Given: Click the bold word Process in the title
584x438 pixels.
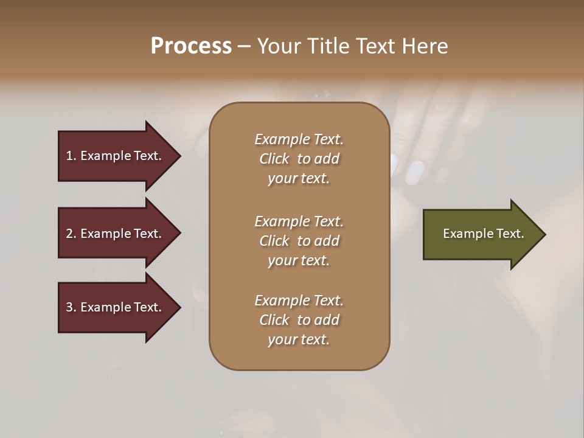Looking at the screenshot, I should [191, 46].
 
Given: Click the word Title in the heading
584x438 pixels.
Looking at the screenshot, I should [328, 46].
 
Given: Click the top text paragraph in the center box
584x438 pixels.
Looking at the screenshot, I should [299, 159].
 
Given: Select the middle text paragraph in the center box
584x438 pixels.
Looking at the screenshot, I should [299, 240].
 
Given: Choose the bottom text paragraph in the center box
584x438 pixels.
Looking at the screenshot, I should [299, 320].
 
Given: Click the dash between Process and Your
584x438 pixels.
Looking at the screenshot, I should [244, 47].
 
